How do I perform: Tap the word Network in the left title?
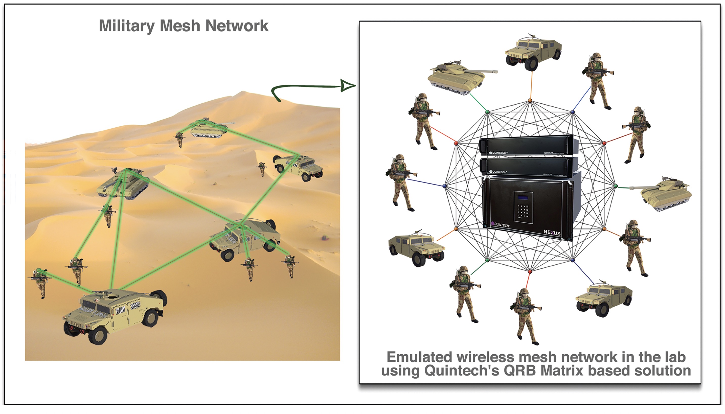coord(237,26)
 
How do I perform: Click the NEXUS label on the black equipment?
coord(552,232)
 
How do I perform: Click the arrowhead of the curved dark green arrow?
coord(347,86)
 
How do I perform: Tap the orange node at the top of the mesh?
coord(530,101)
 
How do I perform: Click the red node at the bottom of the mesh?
coord(530,272)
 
